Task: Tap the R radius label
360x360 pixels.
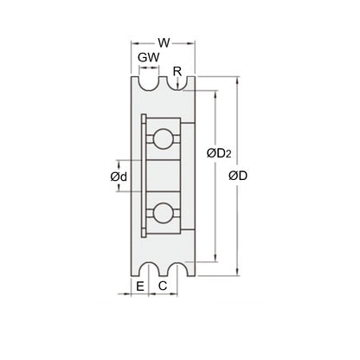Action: pos(177,71)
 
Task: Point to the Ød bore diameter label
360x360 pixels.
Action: pos(119,177)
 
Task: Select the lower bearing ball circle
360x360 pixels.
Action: pos(162,212)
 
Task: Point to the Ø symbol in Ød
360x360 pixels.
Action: pos(114,177)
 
